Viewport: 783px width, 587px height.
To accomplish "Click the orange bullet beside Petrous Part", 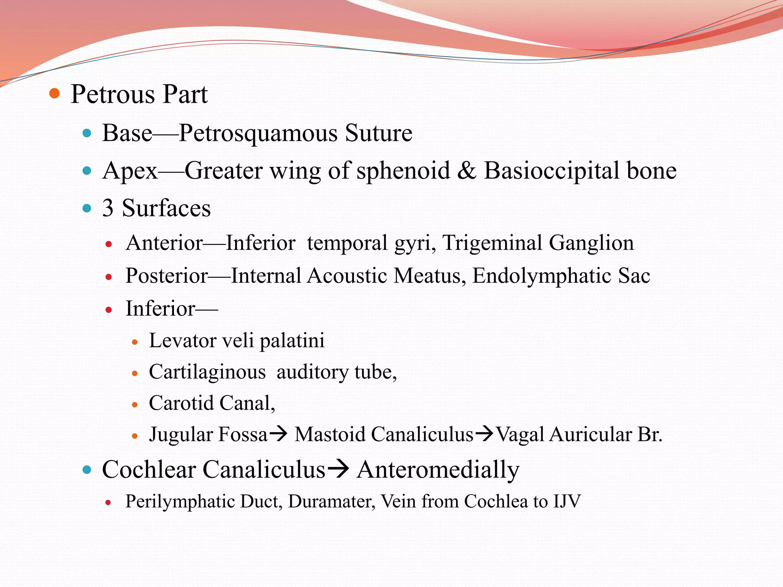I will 55,94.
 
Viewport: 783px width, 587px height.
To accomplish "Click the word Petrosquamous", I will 258,133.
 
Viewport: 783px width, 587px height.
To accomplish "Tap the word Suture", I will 379,133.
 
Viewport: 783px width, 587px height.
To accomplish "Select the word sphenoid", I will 403,170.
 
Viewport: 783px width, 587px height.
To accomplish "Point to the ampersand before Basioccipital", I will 466,170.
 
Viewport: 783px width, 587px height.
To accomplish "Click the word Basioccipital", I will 551,170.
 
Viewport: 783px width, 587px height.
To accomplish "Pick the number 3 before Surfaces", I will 108,208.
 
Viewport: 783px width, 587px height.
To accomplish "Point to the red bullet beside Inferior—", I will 109,310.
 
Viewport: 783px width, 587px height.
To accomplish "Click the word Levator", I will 182,341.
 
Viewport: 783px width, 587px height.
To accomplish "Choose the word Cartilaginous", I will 207,372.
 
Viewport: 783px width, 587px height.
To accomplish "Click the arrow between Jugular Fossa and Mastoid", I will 278,434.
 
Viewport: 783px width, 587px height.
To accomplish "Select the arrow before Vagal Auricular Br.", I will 485,434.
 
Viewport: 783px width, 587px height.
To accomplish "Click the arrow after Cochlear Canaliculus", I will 338,469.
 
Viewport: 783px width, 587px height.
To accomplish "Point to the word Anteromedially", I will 438,470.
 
